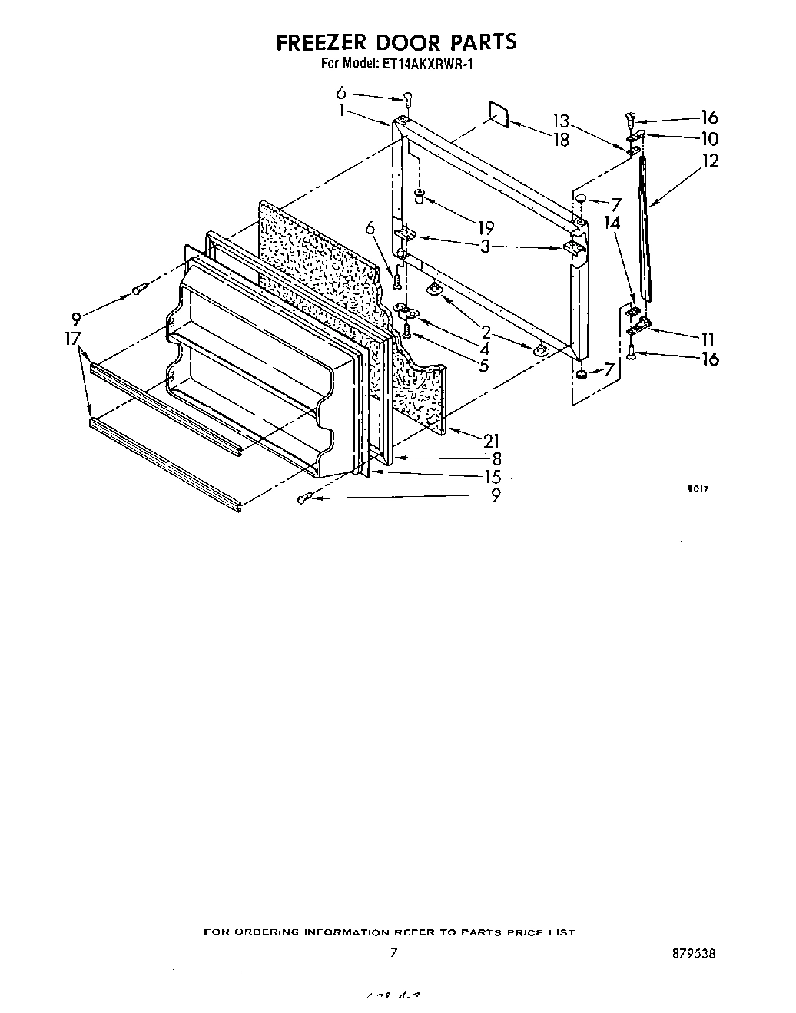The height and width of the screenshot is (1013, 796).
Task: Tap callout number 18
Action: click(561, 140)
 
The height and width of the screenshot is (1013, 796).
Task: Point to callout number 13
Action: click(561, 121)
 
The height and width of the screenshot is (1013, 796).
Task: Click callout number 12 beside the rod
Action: click(710, 161)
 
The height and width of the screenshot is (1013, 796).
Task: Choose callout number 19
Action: click(485, 228)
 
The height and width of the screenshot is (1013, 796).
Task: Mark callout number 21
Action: click(491, 441)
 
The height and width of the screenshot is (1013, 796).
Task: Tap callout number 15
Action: click(493, 477)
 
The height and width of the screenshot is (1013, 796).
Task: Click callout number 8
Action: click(496, 459)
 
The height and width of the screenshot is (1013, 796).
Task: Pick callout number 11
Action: click(708, 339)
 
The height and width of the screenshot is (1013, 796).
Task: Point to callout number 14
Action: click(612, 223)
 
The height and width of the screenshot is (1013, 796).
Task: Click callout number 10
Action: click(709, 139)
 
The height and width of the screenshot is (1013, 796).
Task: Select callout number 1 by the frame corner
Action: click(340, 110)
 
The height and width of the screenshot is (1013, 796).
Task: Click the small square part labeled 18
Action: click(499, 114)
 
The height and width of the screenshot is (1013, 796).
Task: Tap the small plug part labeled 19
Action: click(420, 196)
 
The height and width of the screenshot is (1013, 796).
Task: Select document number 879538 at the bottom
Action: click(692, 954)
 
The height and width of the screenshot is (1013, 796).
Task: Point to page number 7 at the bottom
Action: click(393, 953)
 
